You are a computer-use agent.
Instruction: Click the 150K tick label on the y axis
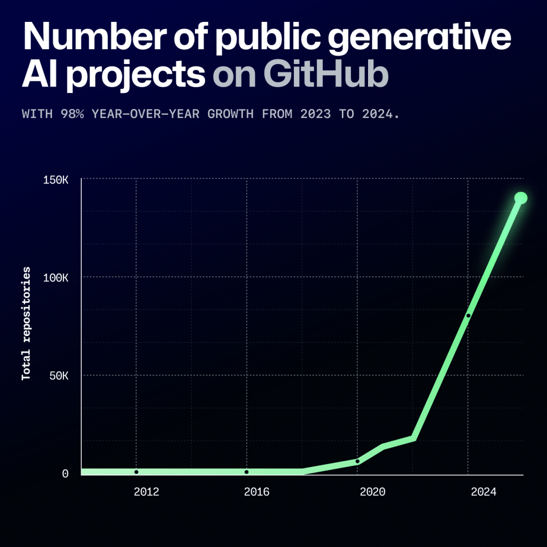click(x=56, y=180)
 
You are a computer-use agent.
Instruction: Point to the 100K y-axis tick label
click(x=56, y=278)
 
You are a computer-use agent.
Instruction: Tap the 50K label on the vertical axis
click(x=58, y=376)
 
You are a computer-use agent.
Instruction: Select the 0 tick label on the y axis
click(x=65, y=474)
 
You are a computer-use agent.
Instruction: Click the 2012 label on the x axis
click(x=146, y=492)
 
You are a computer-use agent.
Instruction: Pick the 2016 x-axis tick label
click(x=257, y=492)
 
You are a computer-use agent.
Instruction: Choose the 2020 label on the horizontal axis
click(x=372, y=492)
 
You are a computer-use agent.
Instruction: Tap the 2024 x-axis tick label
click(x=483, y=492)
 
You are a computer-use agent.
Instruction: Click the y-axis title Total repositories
click(x=26, y=324)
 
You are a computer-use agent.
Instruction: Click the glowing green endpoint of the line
click(x=521, y=198)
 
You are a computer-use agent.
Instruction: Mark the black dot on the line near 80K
click(x=468, y=316)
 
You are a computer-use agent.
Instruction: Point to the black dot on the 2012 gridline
click(x=136, y=472)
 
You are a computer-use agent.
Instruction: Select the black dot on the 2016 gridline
click(x=246, y=472)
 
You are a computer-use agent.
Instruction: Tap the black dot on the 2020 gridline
click(x=357, y=461)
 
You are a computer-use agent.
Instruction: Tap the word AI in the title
click(x=38, y=76)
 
